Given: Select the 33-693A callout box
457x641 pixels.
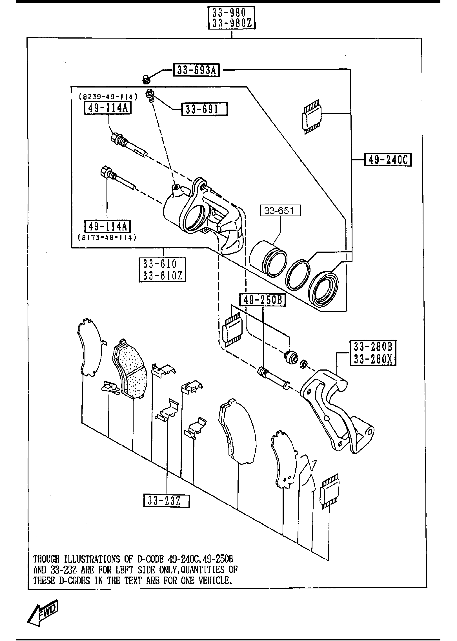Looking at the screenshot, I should [x=196, y=70].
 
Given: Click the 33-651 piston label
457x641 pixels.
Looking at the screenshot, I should [x=280, y=210].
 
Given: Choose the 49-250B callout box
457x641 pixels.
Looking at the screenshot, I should [x=262, y=300].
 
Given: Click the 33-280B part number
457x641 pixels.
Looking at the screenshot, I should [x=373, y=347].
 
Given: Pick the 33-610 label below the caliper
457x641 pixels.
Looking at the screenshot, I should [x=162, y=264].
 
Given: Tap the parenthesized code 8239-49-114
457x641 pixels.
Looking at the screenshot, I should [x=108, y=97].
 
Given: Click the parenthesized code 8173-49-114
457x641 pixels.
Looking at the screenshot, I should [x=107, y=237].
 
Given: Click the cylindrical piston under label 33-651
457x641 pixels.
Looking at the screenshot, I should [x=268, y=257].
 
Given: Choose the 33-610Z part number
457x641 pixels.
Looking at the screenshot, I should [x=162, y=276].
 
